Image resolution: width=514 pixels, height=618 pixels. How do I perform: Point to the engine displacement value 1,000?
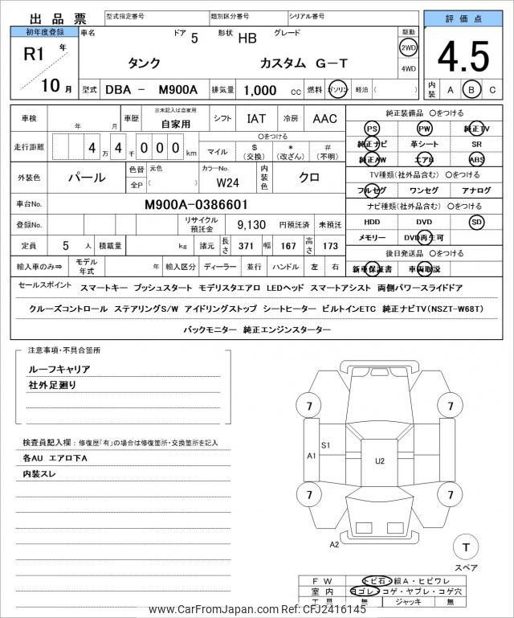(x=260, y=91)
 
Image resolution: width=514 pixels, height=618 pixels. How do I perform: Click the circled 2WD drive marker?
(x=408, y=47)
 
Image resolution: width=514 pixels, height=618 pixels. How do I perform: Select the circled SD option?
(x=477, y=221)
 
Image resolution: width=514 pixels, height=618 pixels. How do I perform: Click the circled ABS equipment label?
(x=477, y=159)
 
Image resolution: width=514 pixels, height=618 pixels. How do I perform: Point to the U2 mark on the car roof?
(x=379, y=460)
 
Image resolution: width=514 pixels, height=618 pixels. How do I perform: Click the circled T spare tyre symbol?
(x=465, y=547)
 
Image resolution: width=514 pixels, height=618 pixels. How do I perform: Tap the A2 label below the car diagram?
(x=335, y=544)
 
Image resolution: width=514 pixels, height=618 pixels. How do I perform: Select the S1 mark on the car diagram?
(x=326, y=444)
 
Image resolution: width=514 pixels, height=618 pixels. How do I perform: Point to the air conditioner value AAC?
(x=324, y=119)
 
